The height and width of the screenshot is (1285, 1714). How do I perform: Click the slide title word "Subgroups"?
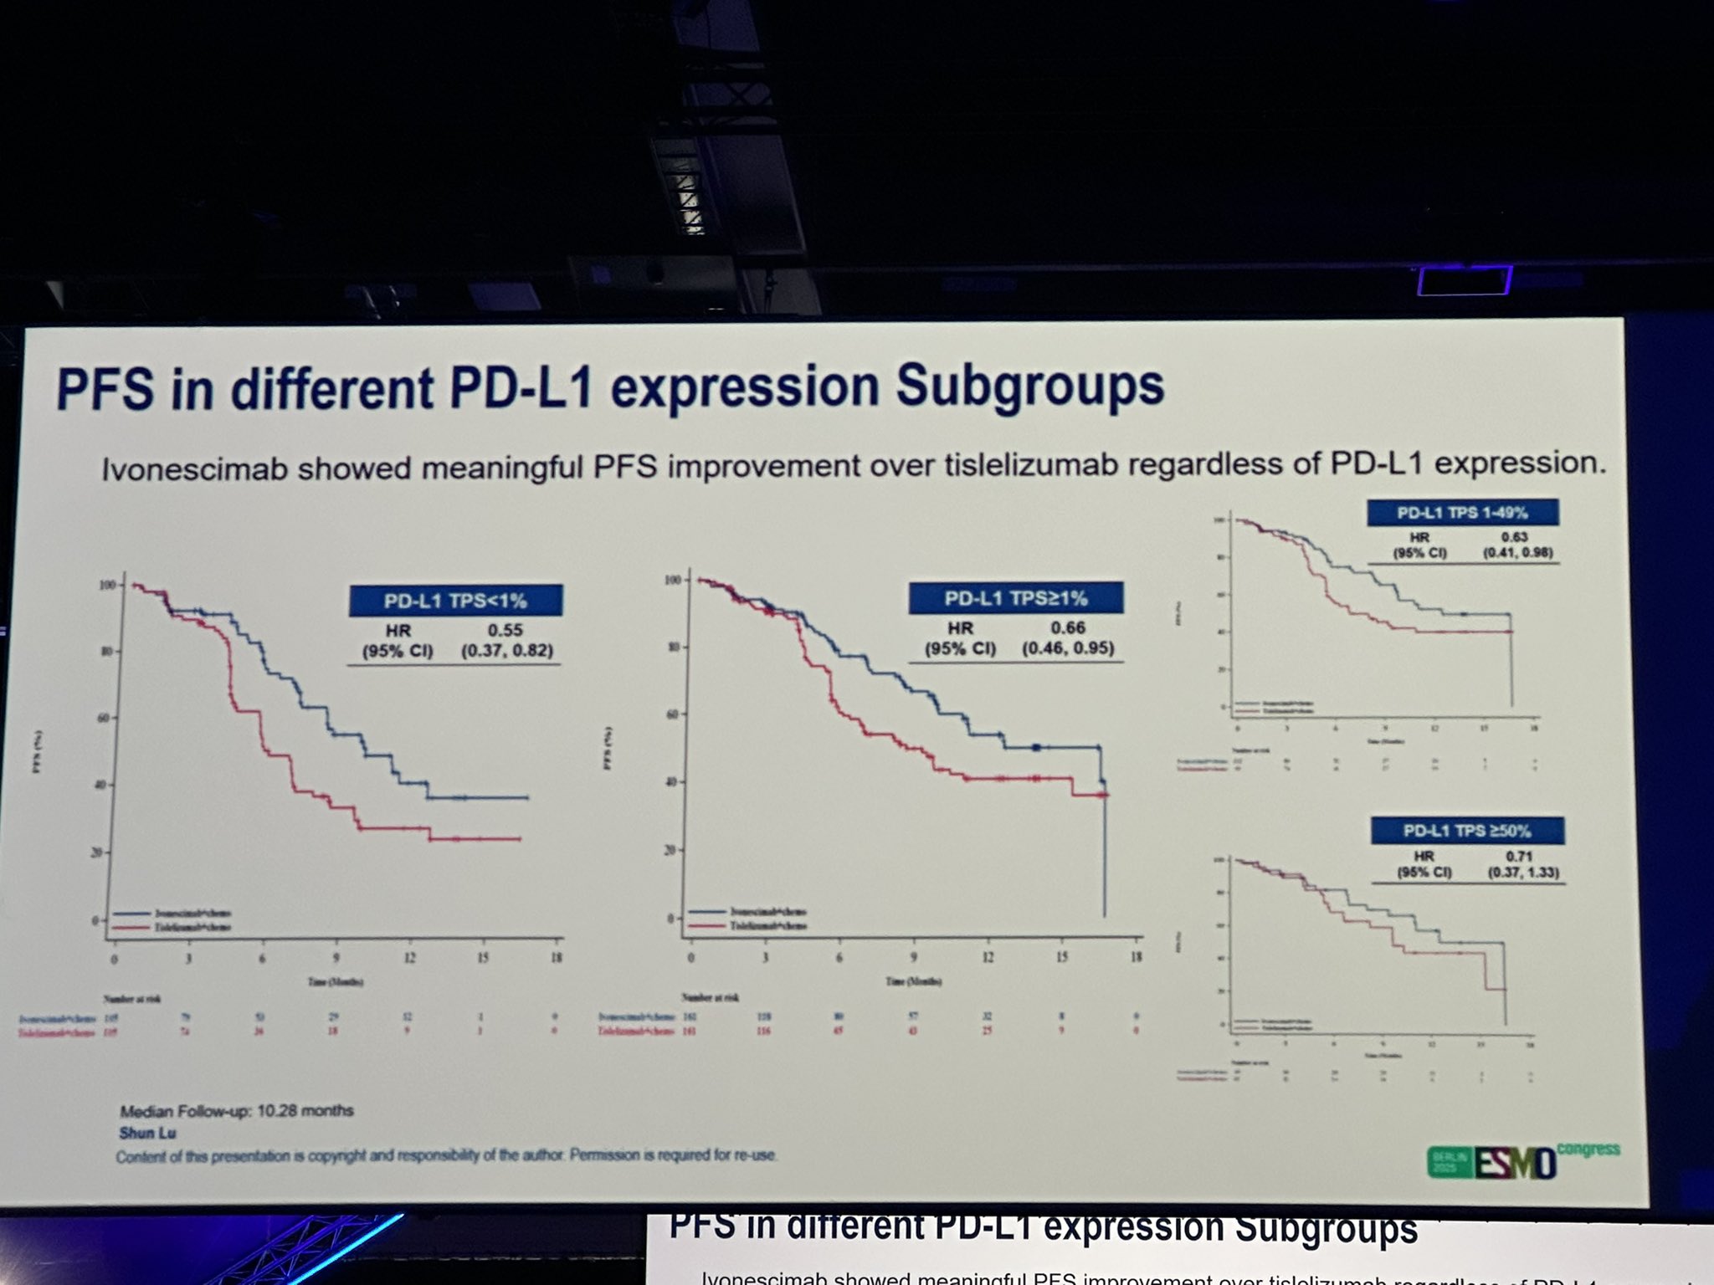[1029, 387]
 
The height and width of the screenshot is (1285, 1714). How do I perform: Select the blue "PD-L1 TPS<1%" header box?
[455, 601]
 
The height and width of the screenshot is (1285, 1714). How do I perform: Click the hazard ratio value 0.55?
[505, 630]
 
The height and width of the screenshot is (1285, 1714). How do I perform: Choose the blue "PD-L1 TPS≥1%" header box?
[1016, 598]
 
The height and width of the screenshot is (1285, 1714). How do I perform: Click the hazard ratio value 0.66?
[1068, 627]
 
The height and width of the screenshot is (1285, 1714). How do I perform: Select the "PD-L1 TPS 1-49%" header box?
[1463, 513]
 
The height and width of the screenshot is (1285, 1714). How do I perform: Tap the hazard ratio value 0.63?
[1515, 537]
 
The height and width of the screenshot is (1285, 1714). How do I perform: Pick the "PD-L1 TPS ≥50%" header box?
[1467, 831]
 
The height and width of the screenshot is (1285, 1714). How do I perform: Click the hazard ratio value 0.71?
[1518, 856]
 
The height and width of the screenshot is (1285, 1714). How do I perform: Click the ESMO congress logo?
[1523, 1160]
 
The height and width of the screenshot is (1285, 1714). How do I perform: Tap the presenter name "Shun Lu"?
[148, 1133]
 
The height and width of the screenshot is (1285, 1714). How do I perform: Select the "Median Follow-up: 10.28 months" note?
[237, 1111]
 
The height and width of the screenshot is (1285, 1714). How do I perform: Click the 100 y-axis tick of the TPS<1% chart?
[109, 585]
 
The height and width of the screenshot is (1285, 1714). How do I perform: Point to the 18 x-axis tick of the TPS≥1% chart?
[1136, 956]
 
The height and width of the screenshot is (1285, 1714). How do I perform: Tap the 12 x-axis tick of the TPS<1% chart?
[409, 959]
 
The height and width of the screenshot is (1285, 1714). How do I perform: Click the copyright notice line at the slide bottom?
[447, 1155]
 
